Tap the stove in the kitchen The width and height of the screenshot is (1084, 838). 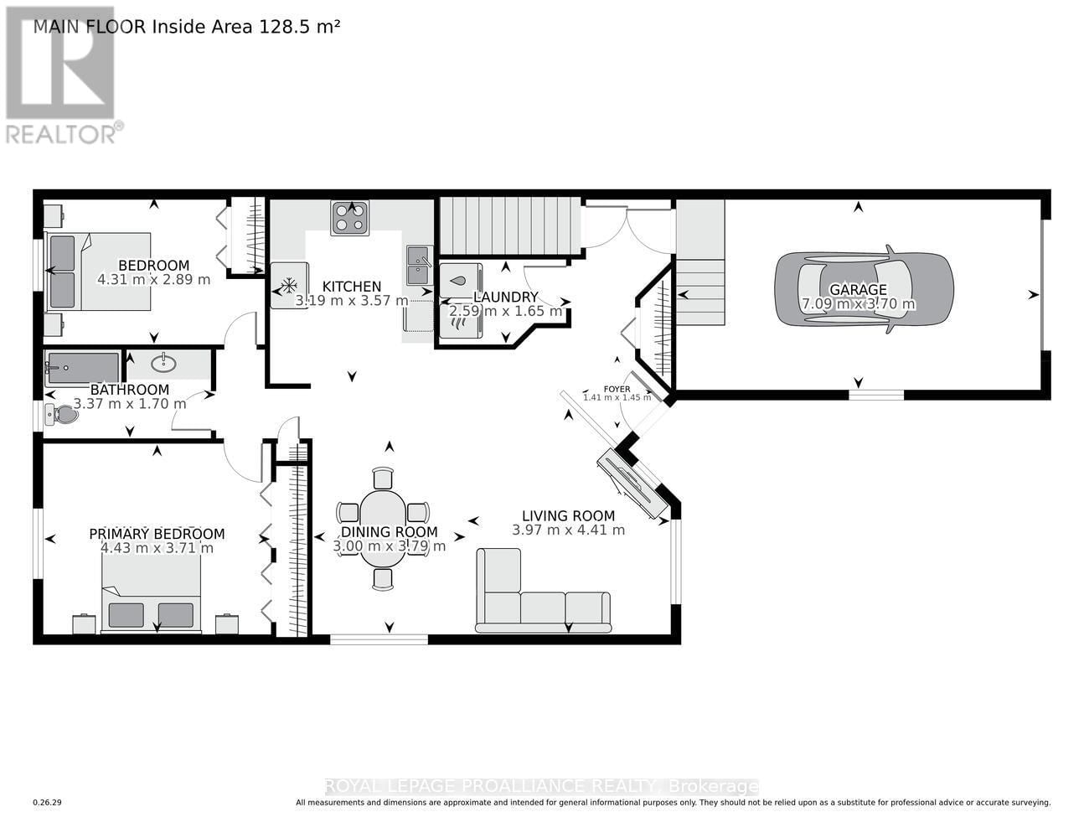tap(349, 218)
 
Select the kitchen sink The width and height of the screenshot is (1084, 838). tap(419, 266)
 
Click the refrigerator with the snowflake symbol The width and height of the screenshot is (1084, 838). tap(288, 285)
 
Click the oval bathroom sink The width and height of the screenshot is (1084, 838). tap(164, 363)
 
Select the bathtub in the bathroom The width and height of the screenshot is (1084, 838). tap(83, 369)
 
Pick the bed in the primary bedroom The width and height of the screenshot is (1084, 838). tap(151, 595)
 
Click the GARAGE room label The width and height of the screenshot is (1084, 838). tap(858, 290)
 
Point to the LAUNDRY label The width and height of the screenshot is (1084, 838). tap(505, 297)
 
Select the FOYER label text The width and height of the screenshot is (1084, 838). tap(617, 389)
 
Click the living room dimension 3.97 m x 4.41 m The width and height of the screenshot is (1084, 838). tap(568, 530)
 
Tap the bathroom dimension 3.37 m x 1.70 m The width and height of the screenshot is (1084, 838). tap(130, 403)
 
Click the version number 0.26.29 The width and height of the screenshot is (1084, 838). tap(47, 803)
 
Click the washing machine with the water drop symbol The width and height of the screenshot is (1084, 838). tap(459, 281)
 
